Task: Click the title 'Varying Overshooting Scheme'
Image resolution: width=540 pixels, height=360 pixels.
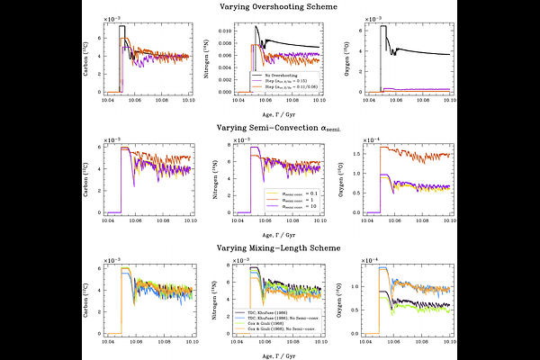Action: click(x=270, y=6)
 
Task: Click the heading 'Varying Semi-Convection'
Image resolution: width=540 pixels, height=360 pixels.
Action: click(x=270, y=129)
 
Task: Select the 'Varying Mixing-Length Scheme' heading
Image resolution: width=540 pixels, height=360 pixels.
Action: click(x=270, y=249)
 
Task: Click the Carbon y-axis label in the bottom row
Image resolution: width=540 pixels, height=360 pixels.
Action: click(x=87, y=298)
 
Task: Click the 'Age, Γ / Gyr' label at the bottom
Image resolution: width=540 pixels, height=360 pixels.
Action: click(x=270, y=354)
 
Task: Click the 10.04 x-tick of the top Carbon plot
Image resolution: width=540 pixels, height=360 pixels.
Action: click(x=108, y=99)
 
